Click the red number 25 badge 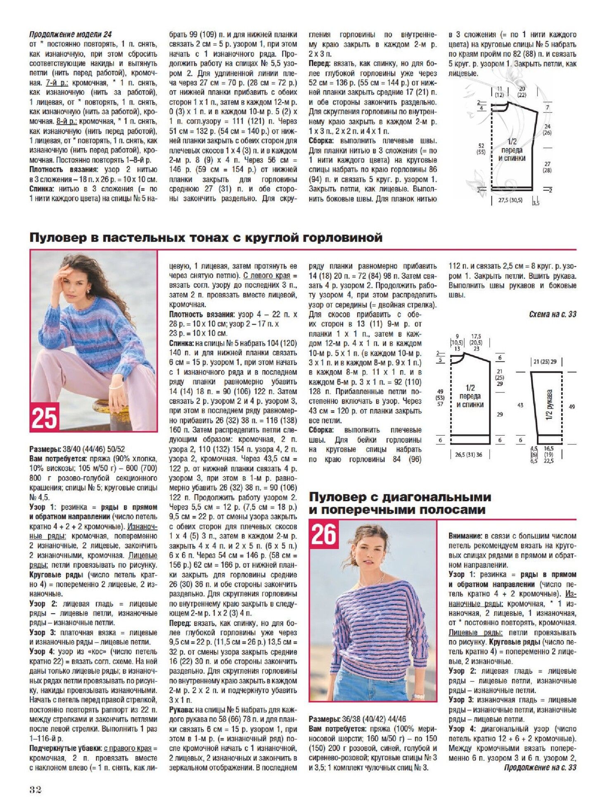tap(44, 417)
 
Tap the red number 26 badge tap(324, 535)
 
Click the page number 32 tap(36, 790)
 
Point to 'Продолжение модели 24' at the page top tap(70, 34)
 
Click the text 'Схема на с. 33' tap(552, 314)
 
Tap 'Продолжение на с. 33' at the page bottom tap(540, 767)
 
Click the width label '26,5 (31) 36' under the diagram tap(468, 454)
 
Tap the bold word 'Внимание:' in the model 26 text tap(465, 536)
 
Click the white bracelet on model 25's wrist tap(116, 386)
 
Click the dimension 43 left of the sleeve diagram tap(520, 405)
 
